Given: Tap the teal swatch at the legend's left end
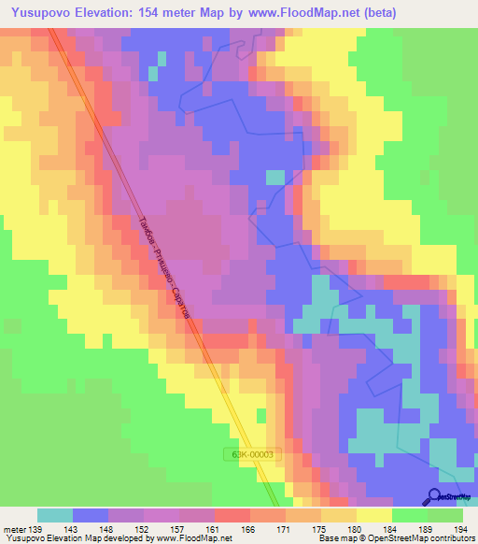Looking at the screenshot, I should (x=55, y=515).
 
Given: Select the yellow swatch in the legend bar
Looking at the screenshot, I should (x=374, y=515).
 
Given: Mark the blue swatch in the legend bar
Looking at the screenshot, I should (x=91, y=515).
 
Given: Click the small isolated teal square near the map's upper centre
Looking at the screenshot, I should (x=275, y=177).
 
